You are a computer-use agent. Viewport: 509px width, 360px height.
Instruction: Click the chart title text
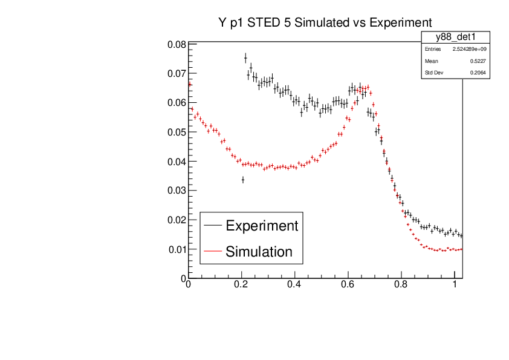tap(325, 22)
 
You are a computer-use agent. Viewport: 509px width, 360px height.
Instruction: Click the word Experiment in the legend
tap(262, 226)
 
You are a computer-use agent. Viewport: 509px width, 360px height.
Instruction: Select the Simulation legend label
tap(259, 252)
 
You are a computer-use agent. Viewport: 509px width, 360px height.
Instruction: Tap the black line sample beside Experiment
tap(212, 226)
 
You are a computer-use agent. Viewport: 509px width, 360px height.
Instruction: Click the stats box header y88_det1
tap(455, 38)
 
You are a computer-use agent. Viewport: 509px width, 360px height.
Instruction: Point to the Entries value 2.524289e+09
tap(469, 49)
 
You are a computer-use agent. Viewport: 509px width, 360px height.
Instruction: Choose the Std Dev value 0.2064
tap(478, 73)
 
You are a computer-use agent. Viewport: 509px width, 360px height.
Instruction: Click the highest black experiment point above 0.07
tap(245, 58)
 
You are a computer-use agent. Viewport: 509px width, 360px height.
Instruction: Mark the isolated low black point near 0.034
tap(242, 180)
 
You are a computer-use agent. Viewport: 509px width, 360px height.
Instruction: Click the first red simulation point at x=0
tap(189, 84)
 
